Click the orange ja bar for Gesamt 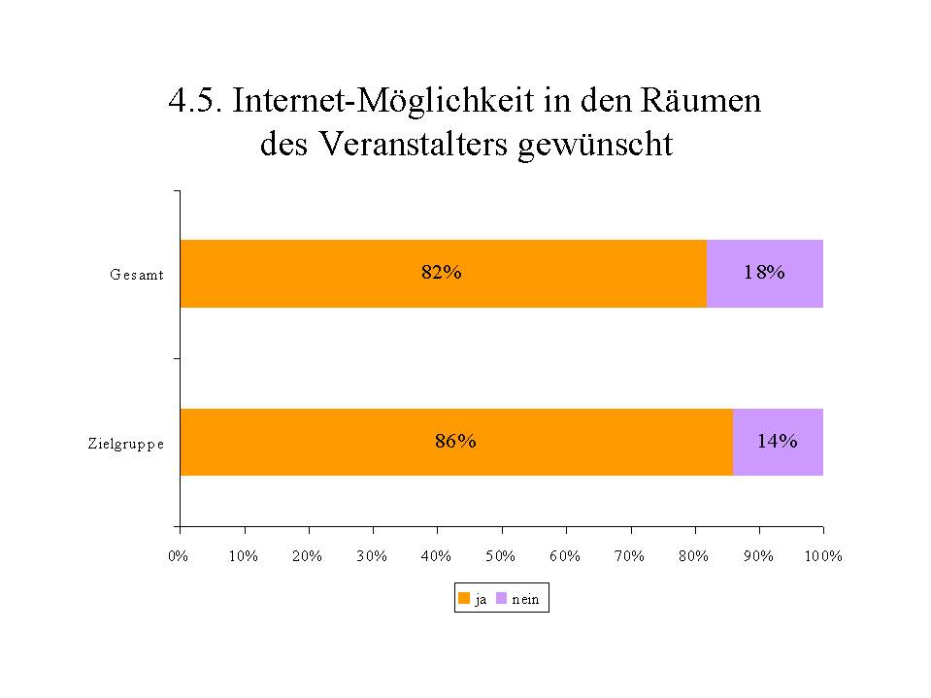pyautogui.click(x=320, y=273)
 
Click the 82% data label pyautogui.click(x=441, y=273)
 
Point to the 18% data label pyautogui.click(x=764, y=273)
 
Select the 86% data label pyautogui.click(x=455, y=442)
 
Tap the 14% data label pyautogui.click(x=778, y=442)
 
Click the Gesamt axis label pyautogui.click(x=136, y=275)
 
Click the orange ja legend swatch pyautogui.click(x=464, y=600)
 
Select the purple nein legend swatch pyautogui.click(x=502, y=600)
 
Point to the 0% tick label pyautogui.click(x=179, y=556)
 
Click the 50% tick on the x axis pyautogui.click(x=501, y=556)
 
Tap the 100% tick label pyautogui.click(x=823, y=556)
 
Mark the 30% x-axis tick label pyautogui.click(x=372, y=556)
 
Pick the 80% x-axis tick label pyautogui.click(x=694, y=556)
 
